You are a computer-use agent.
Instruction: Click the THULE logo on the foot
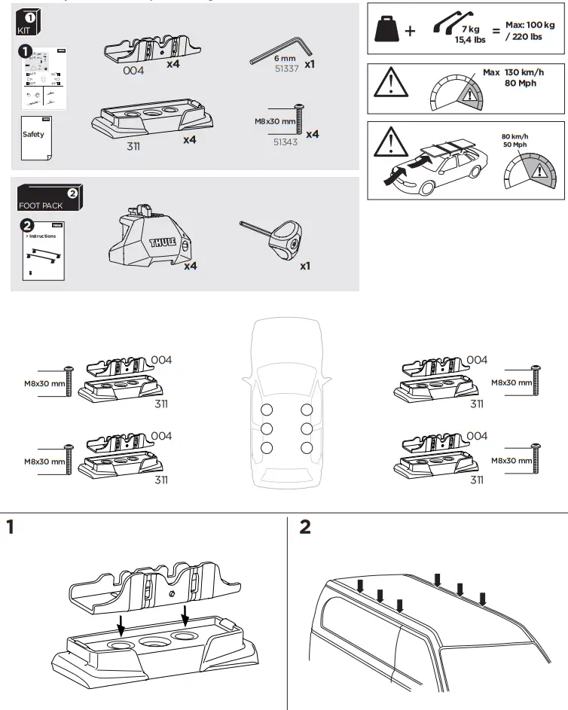(164, 242)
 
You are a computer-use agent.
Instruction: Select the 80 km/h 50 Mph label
(518, 141)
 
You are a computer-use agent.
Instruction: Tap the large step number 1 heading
(10, 527)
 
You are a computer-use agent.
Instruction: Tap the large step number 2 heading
(305, 527)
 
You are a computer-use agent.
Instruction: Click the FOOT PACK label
(41, 205)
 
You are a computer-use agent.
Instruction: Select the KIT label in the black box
(23, 30)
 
